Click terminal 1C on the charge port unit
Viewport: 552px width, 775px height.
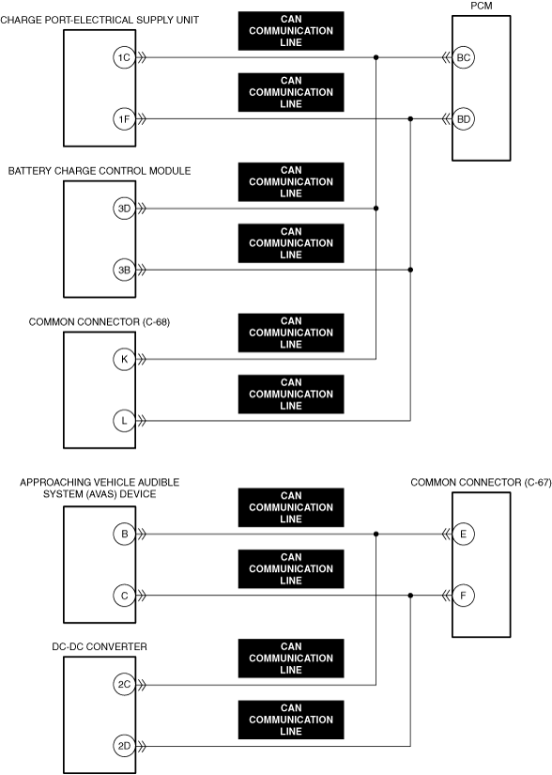124,57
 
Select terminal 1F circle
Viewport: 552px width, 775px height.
124,119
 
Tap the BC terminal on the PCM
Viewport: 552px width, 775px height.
463,57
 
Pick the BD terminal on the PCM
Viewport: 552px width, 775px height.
463,119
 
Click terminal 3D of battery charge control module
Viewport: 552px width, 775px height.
124,209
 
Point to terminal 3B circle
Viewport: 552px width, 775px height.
124,270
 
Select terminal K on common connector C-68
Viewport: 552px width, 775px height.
124,360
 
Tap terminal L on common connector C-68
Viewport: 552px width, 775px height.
124,421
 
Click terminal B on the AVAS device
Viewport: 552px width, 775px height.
124,534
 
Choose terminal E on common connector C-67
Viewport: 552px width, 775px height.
463,534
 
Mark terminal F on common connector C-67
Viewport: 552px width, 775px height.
463,596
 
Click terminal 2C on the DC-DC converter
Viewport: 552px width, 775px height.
124,685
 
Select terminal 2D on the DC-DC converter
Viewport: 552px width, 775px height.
124,746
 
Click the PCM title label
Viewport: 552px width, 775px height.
482,6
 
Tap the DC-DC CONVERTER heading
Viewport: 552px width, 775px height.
100,646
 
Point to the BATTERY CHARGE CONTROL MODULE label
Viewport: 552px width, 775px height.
100,171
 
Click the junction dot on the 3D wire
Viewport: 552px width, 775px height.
376,209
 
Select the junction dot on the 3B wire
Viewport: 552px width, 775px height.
410,270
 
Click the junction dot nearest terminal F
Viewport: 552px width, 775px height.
410,596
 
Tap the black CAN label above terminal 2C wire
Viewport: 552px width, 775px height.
291,659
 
